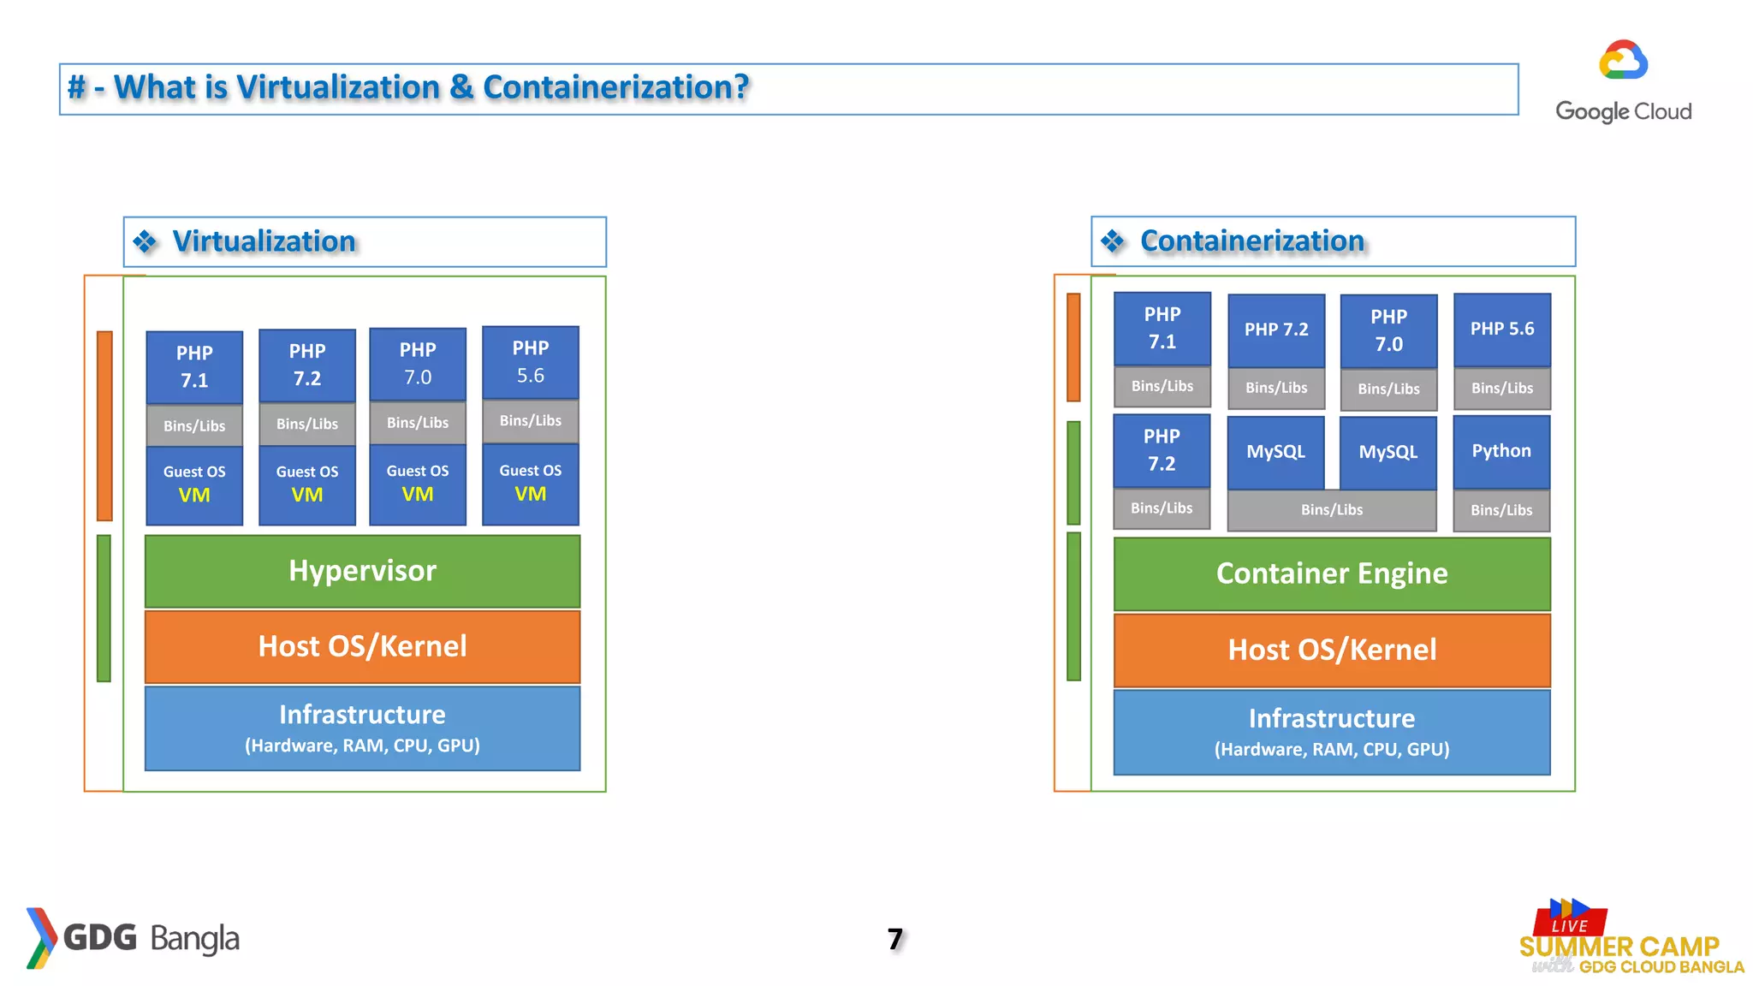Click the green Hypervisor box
click(362, 571)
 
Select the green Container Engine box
click(1331, 573)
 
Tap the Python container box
click(1501, 451)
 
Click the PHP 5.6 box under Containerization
click(1501, 330)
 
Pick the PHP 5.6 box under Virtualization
click(530, 362)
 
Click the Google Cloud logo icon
click(1623, 61)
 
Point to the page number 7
click(894, 939)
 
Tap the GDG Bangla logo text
click(151, 938)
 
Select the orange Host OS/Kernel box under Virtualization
click(362, 646)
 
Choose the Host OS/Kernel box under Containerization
click(1331, 650)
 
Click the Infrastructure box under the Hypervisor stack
click(362, 728)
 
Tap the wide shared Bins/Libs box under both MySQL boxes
click(1331, 510)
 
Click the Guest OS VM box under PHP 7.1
click(194, 484)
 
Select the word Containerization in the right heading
click(1251, 241)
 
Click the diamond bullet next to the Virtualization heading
click(145, 242)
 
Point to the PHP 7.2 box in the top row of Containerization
click(1275, 330)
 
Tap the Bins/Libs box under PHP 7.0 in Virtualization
click(417, 423)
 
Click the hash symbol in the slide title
click(77, 87)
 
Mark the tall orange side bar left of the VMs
click(104, 425)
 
